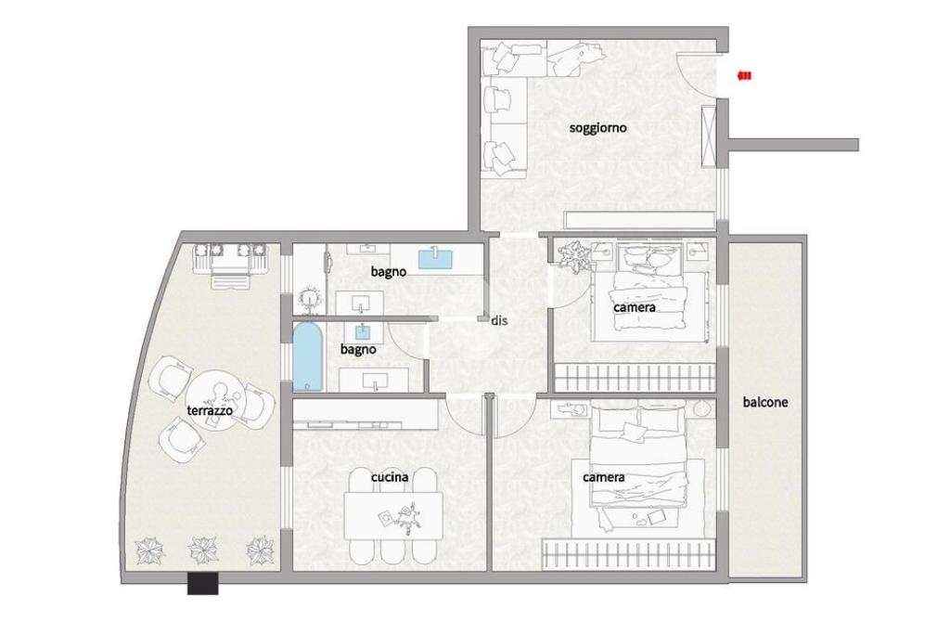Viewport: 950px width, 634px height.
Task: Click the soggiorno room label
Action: (x=597, y=128)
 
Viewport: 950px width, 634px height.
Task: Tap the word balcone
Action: (x=765, y=402)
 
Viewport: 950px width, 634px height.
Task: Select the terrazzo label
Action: (x=210, y=411)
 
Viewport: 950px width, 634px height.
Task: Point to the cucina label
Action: (x=390, y=477)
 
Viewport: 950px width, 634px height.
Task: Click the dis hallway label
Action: (x=499, y=320)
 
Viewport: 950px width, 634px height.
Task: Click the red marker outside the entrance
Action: (x=745, y=76)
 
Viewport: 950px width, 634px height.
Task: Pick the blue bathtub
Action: (x=308, y=357)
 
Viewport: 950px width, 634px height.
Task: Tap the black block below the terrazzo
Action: (x=202, y=584)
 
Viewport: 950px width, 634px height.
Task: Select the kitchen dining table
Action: (x=393, y=516)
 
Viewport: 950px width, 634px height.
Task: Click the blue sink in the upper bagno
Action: (x=436, y=258)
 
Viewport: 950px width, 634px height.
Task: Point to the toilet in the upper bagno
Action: (x=310, y=299)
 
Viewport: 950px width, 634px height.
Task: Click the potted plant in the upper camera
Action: (x=573, y=255)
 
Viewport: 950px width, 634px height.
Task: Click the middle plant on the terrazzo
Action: (x=203, y=550)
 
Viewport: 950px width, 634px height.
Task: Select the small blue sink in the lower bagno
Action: (x=363, y=331)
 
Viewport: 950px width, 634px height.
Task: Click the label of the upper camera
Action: (x=635, y=307)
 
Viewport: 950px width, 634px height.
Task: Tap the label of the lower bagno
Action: (x=358, y=350)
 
